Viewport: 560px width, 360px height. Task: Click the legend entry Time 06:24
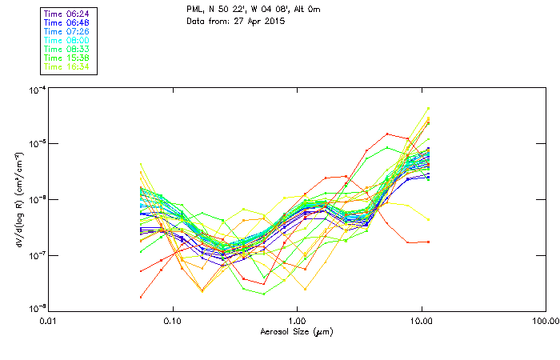67,14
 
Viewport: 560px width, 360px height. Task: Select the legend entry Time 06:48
67,22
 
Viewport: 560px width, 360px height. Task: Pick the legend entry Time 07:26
67,31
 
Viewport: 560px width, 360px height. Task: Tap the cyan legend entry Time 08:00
67,40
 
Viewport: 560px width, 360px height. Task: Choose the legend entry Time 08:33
67,49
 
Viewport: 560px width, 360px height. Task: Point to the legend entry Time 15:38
67,58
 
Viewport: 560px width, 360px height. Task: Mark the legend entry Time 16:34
67,66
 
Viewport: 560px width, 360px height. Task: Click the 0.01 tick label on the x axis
48,321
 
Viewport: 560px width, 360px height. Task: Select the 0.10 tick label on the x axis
172,321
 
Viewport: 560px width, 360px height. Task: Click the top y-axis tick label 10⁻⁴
37,89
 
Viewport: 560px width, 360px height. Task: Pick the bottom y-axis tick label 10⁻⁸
37,306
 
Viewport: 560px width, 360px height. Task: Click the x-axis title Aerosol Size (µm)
296,331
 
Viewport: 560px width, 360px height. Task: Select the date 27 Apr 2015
254,21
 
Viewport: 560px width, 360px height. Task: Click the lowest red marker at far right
429,242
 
